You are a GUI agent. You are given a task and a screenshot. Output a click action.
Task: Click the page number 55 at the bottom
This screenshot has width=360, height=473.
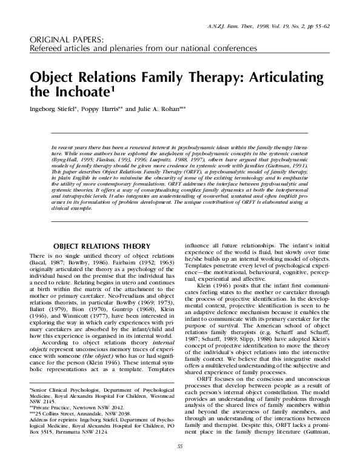[179, 464]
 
